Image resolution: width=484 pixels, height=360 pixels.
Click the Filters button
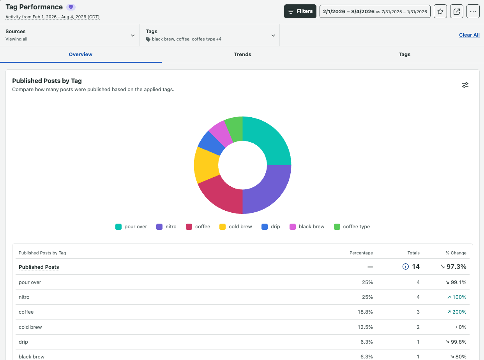click(x=300, y=11)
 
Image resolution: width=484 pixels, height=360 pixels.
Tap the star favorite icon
click(x=440, y=11)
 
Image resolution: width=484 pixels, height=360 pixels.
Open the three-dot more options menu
click(x=473, y=11)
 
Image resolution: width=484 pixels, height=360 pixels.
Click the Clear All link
click(x=469, y=35)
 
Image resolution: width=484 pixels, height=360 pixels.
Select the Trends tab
click(x=242, y=54)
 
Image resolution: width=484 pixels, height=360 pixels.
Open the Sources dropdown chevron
click(x=132, y=35)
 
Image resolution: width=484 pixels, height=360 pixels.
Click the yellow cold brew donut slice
click(x=206, y=165)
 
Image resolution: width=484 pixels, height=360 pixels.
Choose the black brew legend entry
click(x=307, y=227)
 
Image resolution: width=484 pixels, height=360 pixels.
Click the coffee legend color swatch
click(x=189, y=227)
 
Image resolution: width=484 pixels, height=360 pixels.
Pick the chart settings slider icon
click(x=465, y=85)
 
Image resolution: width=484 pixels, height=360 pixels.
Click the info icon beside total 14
click(x=405, y=266)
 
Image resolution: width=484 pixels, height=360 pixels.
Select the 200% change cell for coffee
click(x=456, y=312)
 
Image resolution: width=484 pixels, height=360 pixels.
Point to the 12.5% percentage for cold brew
click(x=365, y=327)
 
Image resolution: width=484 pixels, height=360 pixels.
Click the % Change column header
click(x=456, y=253)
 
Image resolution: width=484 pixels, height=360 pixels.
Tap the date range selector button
click(x=375, y=11)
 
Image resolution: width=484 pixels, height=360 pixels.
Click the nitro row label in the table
click(x=24, y=297)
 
